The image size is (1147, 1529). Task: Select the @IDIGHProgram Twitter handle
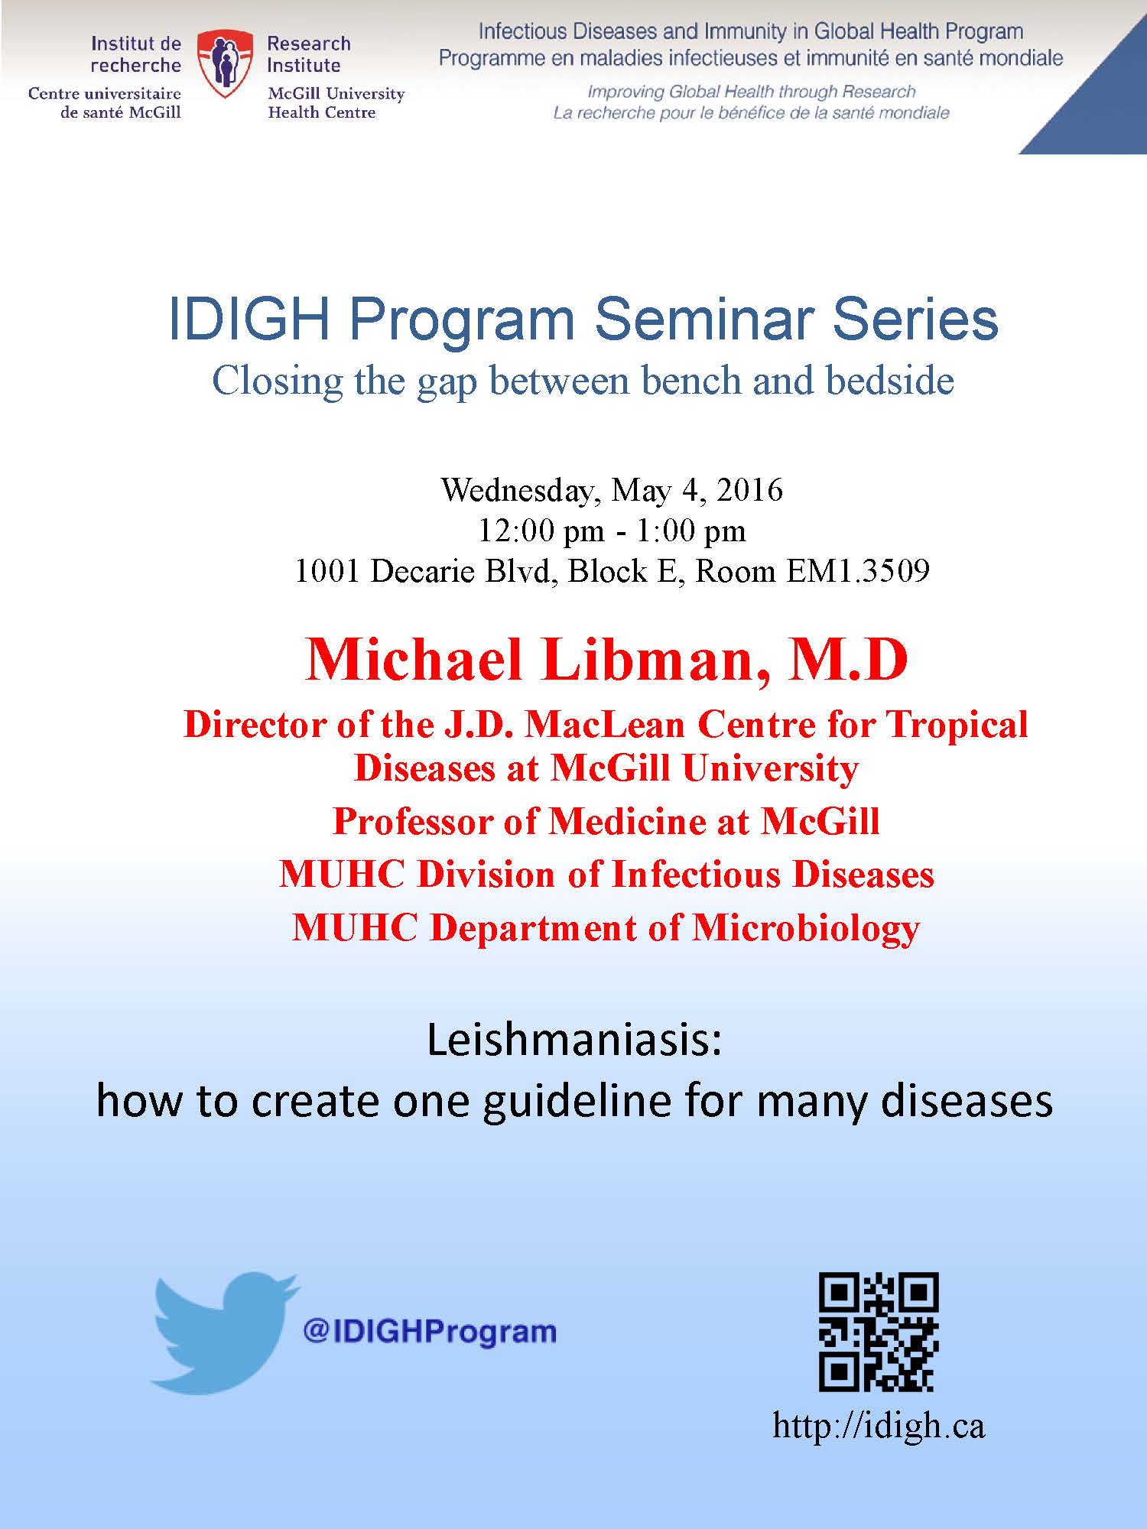click(430, 1332)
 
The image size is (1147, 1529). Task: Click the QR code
click(879, 1332)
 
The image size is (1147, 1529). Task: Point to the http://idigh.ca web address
click(879, 1427)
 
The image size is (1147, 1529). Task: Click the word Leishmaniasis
click(574, 1040)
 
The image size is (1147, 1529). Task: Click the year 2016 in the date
click(749, 489)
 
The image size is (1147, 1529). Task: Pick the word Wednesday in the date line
click(516, 491)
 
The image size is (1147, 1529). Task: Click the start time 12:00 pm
click(541, 531)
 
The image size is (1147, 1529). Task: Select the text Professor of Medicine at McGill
click(606, 822)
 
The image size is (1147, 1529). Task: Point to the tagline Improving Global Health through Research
click(751, 92)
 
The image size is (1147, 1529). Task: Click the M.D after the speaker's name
click(849, 659)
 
